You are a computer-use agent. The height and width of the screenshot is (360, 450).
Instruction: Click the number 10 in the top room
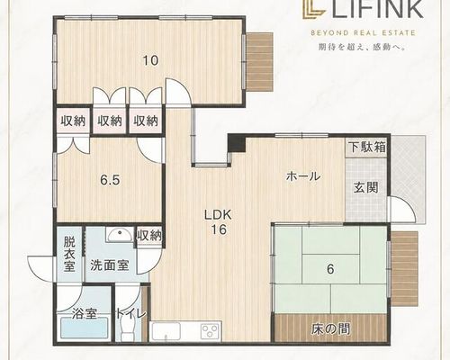pyautogui.click(x=150, y=61)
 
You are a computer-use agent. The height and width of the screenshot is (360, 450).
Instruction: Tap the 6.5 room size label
pyautogui.click(x=110, y=181)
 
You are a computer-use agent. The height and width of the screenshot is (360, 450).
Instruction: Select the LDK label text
pyautogui.click(x=219, y=215)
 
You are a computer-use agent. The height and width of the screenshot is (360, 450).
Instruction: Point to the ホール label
pyautogui.click(x=303, y=176)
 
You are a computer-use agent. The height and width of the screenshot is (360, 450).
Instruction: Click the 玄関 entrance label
pyautogui.click(x=365, y=188)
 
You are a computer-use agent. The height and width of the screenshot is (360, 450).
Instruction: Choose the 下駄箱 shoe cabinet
pyautogui.click(x=367, y=148)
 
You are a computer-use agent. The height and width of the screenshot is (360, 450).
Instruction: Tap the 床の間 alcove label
pyautogui.click(x=330, y=329)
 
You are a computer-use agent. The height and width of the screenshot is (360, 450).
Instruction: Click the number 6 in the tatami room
pyautogui.click(x=330, y=269)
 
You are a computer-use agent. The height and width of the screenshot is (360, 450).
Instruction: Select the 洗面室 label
pyautogui.click(x=110, y=265)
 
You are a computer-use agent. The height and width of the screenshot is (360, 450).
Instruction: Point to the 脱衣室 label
pyautogui.click(x=69, y=255)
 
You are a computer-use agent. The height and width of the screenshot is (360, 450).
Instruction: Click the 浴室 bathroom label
pyautogui.click(x=85, y=314)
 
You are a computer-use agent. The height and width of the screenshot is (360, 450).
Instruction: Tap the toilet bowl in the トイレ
pyautogui.click(x=127, y=329)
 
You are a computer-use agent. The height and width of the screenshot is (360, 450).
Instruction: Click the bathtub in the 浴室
pyautogui.click(x=85, y=328)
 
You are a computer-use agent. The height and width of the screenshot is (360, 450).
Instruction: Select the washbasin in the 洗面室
pyautogui.click(x=120, y=234)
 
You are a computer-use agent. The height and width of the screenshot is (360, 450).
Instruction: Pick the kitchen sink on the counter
pyautogui.click(x=166, y=331)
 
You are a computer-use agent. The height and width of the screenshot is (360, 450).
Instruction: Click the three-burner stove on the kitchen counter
pyautogui.click(x=210, y=331)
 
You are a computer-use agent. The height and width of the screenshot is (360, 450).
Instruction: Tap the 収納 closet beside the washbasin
pyautogui.click(x=149, y=236)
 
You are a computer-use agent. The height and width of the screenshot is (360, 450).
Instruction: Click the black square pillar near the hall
pyautogui.click(x=237, y=143)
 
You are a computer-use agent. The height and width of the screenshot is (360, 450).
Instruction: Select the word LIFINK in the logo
pyautogui.click(x=378, y=9)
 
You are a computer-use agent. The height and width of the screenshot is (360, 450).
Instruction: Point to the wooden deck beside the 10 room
pyautogui.click(x=259, y=61)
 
